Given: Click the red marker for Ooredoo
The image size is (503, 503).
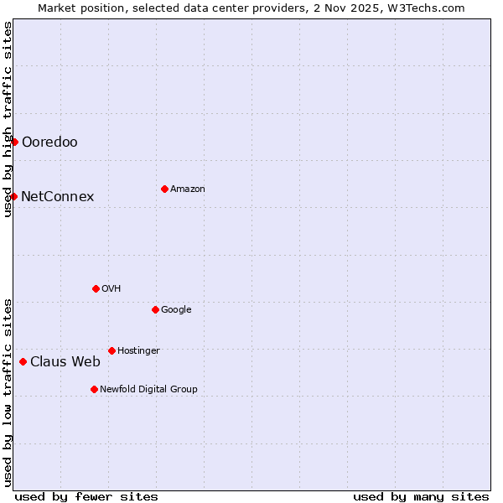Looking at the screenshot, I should pos(14,142).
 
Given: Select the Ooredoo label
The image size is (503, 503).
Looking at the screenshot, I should pos(49,143).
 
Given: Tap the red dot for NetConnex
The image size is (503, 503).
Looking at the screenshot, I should pos(13,196).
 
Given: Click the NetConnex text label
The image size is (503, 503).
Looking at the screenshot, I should pos(57,197).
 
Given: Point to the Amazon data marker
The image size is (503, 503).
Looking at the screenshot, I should pos(164,189).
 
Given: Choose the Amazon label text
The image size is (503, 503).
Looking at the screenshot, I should pos(188,189).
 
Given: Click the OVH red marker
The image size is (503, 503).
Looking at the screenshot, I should pos(96,288).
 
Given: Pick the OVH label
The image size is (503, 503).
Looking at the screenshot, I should pos(111,289).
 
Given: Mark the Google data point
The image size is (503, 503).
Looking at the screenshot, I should pos(155,309).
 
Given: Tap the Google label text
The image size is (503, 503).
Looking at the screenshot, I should pos(176,310).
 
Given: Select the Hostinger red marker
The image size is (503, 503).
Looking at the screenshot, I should pos(111,350).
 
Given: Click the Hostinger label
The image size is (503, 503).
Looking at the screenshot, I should pos(138,351).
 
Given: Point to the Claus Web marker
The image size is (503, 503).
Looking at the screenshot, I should pos(23,361).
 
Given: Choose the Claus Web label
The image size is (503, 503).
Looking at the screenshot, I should pos(65,362).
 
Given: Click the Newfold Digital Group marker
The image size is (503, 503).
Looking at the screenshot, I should pos(94,389).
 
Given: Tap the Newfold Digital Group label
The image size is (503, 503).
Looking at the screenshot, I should pos(148,390).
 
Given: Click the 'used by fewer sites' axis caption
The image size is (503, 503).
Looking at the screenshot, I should pos(86,496).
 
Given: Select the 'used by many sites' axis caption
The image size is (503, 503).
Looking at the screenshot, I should pos(421,496).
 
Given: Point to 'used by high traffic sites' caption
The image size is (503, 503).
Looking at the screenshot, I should pos(8,120).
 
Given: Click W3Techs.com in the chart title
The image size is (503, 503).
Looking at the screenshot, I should pos(427,8).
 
